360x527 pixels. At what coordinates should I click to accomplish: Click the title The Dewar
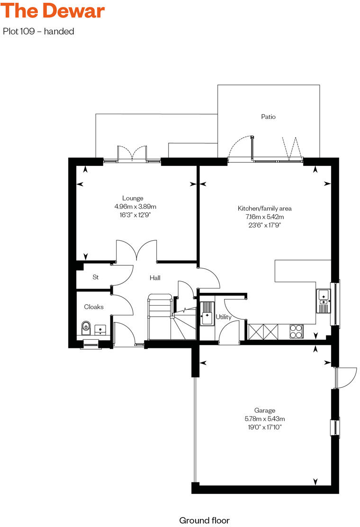[x=53, y=11]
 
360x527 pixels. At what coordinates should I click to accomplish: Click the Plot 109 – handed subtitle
[x=39, y=32]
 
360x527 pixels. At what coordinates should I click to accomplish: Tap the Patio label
[x=268, y=117]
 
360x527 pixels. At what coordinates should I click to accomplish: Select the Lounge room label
[x=133, y=198]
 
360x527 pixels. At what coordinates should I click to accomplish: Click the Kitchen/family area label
[x=264, y=208]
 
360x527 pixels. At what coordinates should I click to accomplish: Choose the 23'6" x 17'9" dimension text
[x=264, y=225]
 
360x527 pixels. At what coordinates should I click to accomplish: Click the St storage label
[x=95, y=277]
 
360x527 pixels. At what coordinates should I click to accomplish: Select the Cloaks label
[x=94, y=307]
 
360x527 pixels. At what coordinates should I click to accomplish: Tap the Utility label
[x=223, y=317]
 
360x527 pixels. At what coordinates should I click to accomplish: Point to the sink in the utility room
[x=207, y=314]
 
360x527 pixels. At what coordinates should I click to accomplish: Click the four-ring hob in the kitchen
[x=296, y=330]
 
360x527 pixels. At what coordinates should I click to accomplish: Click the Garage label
[x=264, y=410]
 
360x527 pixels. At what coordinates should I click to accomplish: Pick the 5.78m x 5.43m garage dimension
[x=264, y=419]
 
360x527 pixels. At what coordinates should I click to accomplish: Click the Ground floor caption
[x=204, y=520]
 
